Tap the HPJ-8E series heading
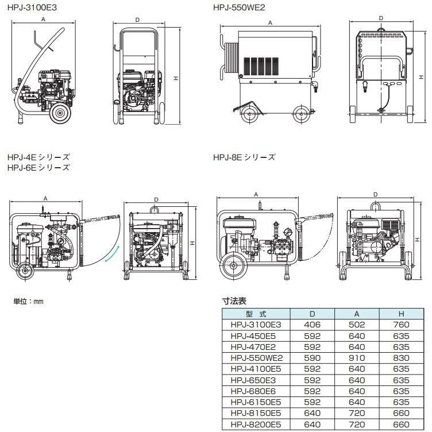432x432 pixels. pos(244,156)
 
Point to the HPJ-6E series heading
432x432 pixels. pos(38,167)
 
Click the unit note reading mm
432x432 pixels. pos(28,301)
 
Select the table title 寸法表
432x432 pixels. pos(233,300)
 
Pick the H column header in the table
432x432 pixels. pos(400,314)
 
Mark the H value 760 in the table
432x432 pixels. pos(400,324)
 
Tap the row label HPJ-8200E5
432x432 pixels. pos(256,425)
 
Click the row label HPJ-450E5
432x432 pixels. pos(256,334)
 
